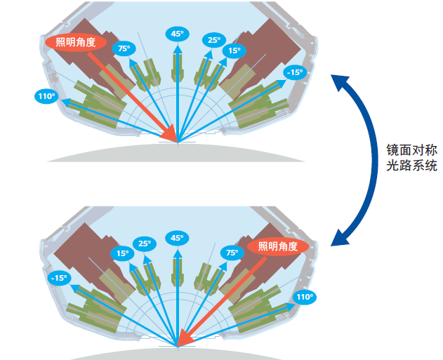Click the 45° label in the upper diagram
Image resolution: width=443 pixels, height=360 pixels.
pos(177,34)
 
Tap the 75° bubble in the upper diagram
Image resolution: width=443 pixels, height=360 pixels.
pos(124,48)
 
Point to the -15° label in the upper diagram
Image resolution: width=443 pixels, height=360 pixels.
pos(294,72)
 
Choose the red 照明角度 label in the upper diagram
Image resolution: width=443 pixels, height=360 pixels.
pos(76,42)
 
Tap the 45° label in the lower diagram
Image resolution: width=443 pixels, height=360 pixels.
pos(177,238)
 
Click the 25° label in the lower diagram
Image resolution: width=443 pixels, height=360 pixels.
pos(144,244)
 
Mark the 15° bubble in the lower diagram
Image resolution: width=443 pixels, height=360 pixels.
pos(123,253)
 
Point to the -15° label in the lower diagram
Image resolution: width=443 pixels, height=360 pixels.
pos(59,278)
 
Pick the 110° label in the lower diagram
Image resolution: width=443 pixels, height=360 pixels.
pos(304,298)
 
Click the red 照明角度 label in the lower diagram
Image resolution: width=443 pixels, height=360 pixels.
pos(278,246)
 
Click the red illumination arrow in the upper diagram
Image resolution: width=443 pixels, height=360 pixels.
pos(140,95)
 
